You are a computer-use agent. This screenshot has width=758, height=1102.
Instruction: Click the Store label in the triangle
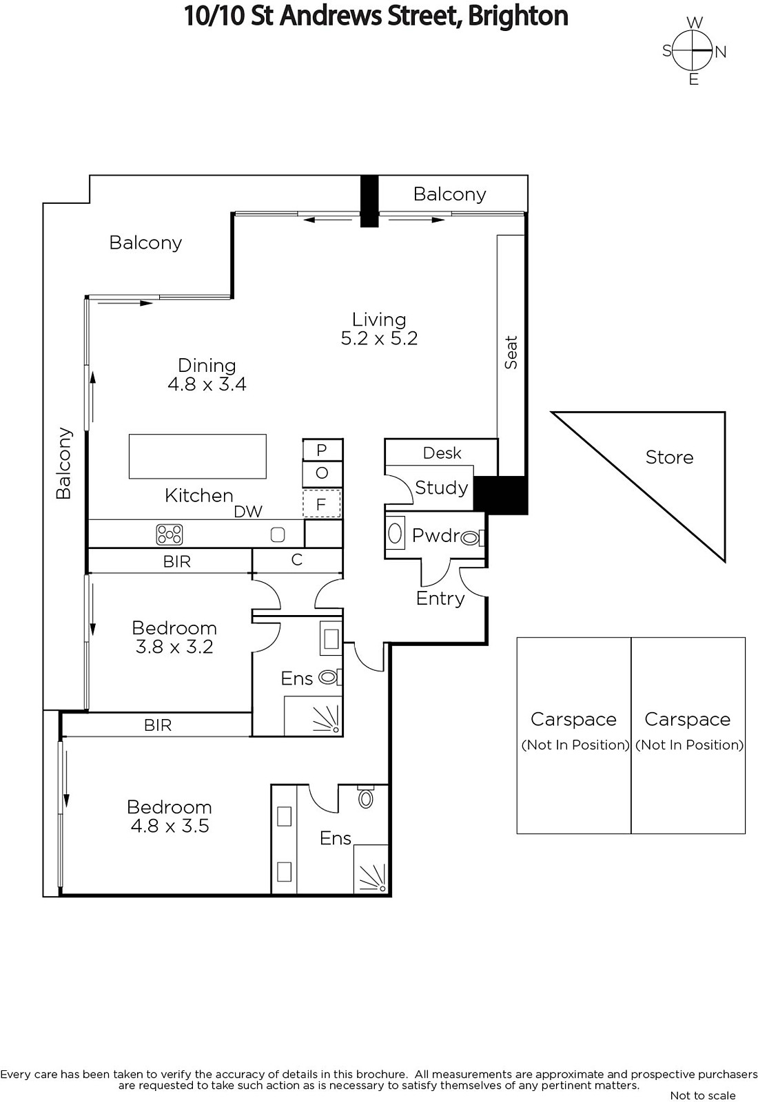[669, 457]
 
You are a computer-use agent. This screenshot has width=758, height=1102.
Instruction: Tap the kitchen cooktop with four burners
[170, 534]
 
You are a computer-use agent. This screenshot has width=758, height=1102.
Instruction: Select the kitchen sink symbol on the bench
[278, 534]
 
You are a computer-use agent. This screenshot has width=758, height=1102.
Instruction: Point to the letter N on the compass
[721, 52]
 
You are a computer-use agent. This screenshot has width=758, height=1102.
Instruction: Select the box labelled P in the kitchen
[322, 450]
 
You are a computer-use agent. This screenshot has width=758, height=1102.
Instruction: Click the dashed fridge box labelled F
[321, 503]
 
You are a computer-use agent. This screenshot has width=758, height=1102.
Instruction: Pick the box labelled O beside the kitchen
[322, 473]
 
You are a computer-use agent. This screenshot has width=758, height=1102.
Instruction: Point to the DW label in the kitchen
[248, 512]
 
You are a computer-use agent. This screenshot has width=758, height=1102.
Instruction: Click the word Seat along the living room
[511, 352]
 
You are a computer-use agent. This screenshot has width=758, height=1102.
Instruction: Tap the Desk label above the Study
[442, 453]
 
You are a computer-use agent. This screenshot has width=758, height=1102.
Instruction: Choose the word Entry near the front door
[440, 599]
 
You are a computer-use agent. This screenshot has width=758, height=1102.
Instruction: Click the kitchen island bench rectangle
[197, 456]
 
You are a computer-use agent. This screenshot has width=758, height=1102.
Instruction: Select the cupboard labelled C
[297, 561]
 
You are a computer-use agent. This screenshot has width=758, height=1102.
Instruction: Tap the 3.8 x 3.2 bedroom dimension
[174, 647]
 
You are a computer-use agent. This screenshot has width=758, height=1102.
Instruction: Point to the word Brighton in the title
[518, 17]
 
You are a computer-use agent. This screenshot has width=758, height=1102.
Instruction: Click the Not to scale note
[703, 1095]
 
